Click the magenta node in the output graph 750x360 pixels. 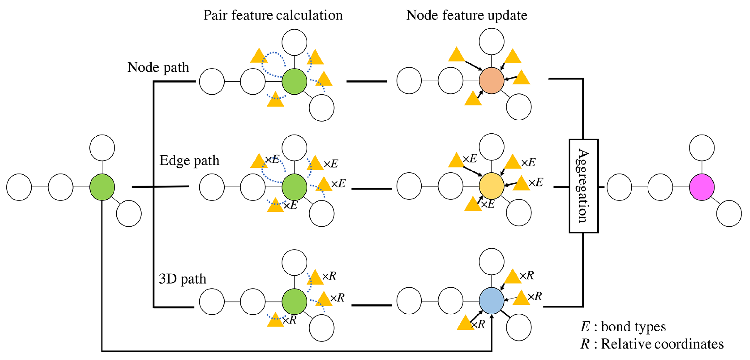click(x=701, y=187)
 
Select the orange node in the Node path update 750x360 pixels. click(x=491, y=80)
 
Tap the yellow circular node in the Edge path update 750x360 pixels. click(x=491, y=186)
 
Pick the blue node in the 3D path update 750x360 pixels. click(x=491, y=301)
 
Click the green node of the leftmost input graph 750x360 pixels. click(x=102, y=187)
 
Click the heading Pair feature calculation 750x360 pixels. click(x=273, y=15)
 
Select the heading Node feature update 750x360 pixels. click(x=466, y=15)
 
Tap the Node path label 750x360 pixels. click(x=158, y=67)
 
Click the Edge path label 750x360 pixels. click(x=189, y=160)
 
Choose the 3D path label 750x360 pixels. click(x=182, y=279)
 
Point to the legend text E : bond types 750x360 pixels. click(x=623, y=326)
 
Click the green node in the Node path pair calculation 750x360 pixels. click(x=294, y=81)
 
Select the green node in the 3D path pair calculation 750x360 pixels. click(x=294, y=302)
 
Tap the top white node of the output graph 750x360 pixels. click(x=701, y=148)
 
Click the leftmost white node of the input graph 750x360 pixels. click(x=19, y=187)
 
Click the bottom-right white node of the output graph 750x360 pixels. click(x=729, y=213)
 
